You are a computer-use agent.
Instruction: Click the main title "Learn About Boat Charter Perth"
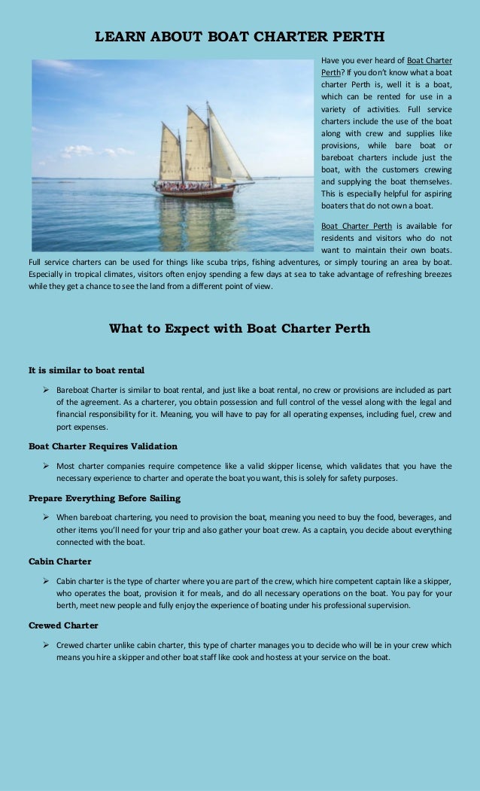pyautogui.click(x=239, y=36)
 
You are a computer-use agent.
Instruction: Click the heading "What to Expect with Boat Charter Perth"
pyautogui.click(x=239, y=328)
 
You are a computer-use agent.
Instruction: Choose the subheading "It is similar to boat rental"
pyautogui.click(x=87, y=370)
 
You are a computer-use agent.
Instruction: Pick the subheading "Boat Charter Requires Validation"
pyautogui.click(x=103, y=446)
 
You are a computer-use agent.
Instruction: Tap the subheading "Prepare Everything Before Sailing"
pyautogui.click(x=105, y=498)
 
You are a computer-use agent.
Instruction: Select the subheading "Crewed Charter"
pyautogui.click(x=63, y=625)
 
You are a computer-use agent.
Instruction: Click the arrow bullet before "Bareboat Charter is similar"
pyautogui.click(x=47, y=390)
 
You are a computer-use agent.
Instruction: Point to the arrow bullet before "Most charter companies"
pyautogui.click(x=47, y=465)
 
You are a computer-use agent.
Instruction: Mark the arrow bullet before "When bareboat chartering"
pyautogui.click(x=47, y=518)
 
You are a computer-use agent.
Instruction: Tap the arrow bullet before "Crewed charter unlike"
pyautogui.click(x=47, y=645)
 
